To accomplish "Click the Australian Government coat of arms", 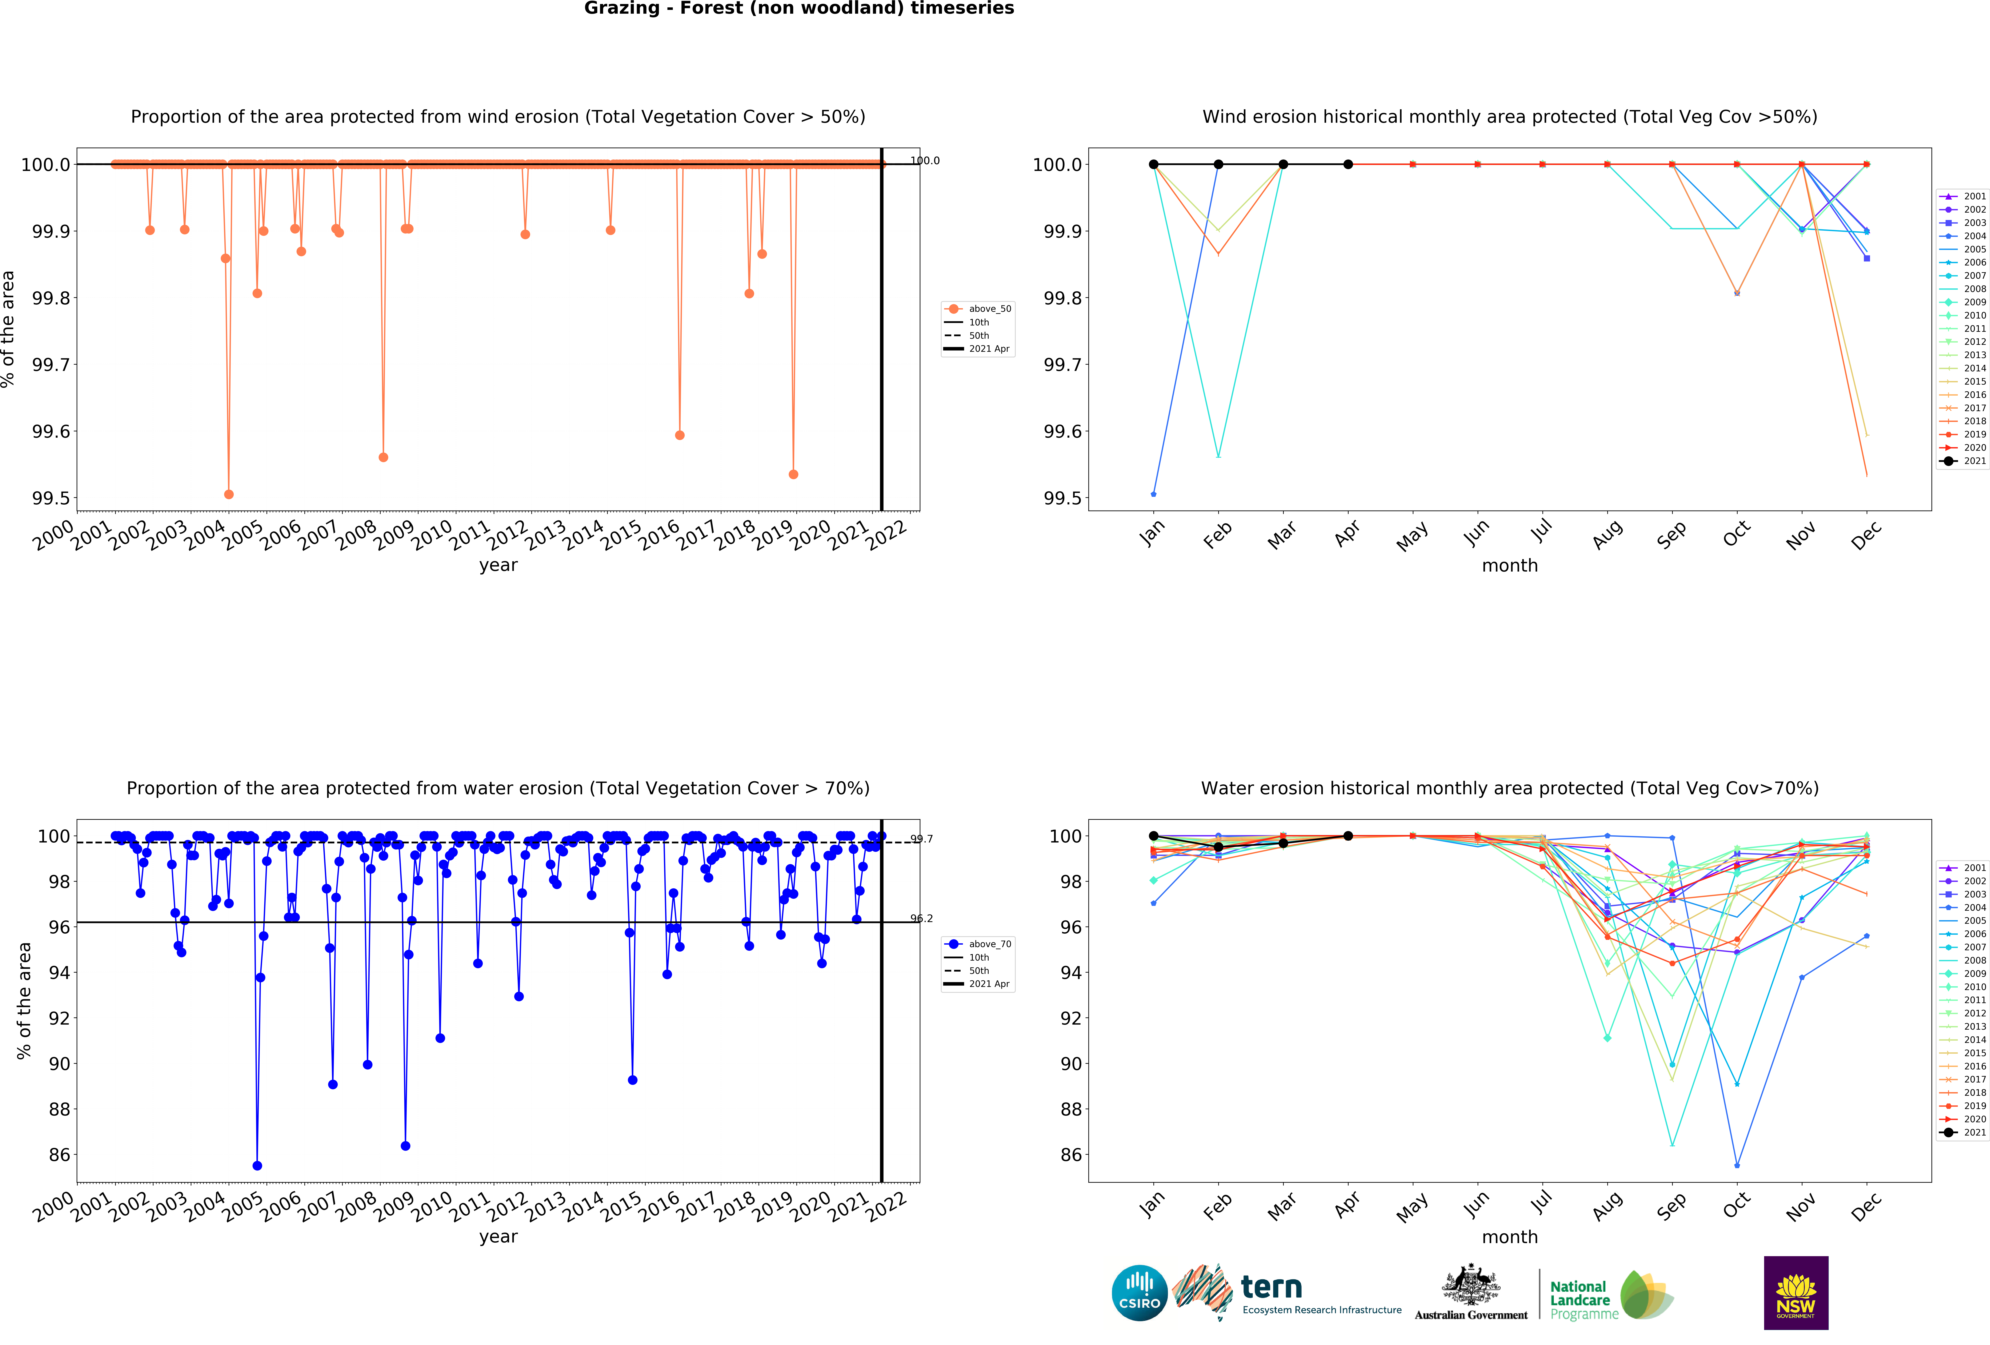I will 1470,1284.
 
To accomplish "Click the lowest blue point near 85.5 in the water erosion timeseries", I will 257,1165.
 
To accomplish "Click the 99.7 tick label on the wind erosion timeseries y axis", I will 51,365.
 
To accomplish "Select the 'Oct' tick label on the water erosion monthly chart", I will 1736,1205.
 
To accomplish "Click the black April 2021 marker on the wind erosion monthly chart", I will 1348,164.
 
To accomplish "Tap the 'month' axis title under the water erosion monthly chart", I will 1510,1237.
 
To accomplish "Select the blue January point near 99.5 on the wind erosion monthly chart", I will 1153,494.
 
